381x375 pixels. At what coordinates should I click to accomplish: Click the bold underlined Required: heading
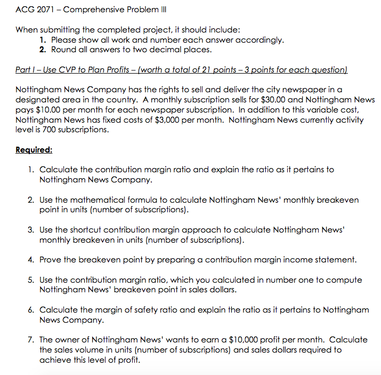[x=34, y=150]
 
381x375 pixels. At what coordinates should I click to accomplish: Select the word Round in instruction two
[x=63, y=50]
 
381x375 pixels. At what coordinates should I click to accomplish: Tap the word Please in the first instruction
[x=64, y=40]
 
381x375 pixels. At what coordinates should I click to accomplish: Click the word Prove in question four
[x=52, y=260]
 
